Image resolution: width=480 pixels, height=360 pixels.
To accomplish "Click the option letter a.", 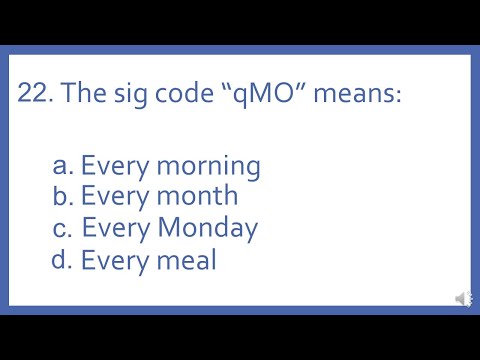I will coord(63,165).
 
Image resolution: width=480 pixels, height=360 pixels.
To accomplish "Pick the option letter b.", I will coord(63,196).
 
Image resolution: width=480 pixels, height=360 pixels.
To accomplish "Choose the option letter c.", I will coord(63,228).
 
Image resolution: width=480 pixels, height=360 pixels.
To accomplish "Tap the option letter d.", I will coord(63,260).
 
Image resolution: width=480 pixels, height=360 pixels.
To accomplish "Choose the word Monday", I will coord(206,228).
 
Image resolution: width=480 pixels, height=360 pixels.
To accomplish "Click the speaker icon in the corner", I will coord(464,298).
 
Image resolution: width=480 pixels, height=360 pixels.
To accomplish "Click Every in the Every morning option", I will coord(112,166).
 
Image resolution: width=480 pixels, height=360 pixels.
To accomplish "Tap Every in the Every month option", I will coord(112,196).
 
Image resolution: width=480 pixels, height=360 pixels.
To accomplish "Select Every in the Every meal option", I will coord(112,260).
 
